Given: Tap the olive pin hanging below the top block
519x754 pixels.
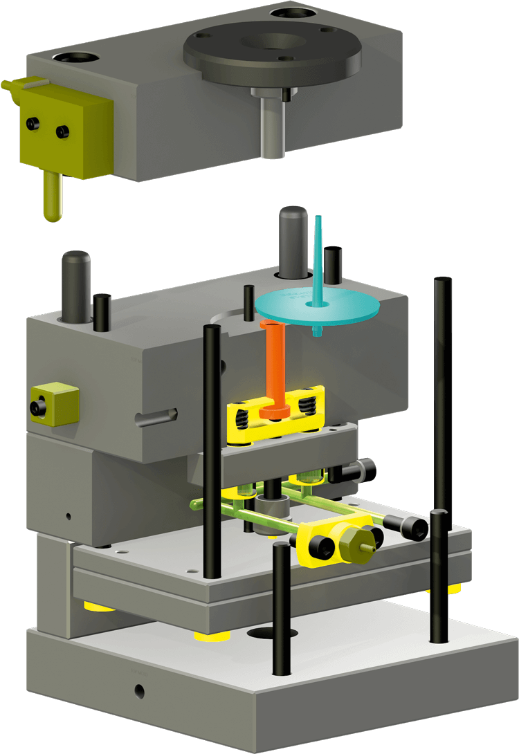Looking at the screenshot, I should pos(51,197).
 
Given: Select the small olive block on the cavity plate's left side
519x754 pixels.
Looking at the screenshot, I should pos(55,403).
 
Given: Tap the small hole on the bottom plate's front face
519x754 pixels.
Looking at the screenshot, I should pos(140,690).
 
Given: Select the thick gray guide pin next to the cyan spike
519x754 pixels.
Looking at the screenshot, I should pos(293,239).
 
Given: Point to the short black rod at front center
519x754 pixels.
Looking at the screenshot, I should pos(280,609).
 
